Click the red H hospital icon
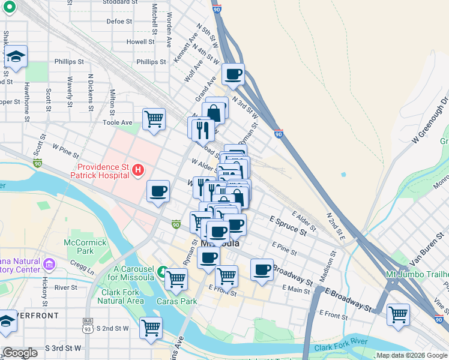pos(138,170)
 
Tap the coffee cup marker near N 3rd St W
pos(233,74)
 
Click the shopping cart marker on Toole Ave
pos(154,118)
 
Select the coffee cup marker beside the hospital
pos(158,191)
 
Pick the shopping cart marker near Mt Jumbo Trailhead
pos(398,314)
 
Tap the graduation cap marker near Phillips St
pos(16,56)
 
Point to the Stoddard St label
pos(116,2)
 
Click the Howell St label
pos(140,42)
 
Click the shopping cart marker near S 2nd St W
pos(151,327)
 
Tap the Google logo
pos(20,353)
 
